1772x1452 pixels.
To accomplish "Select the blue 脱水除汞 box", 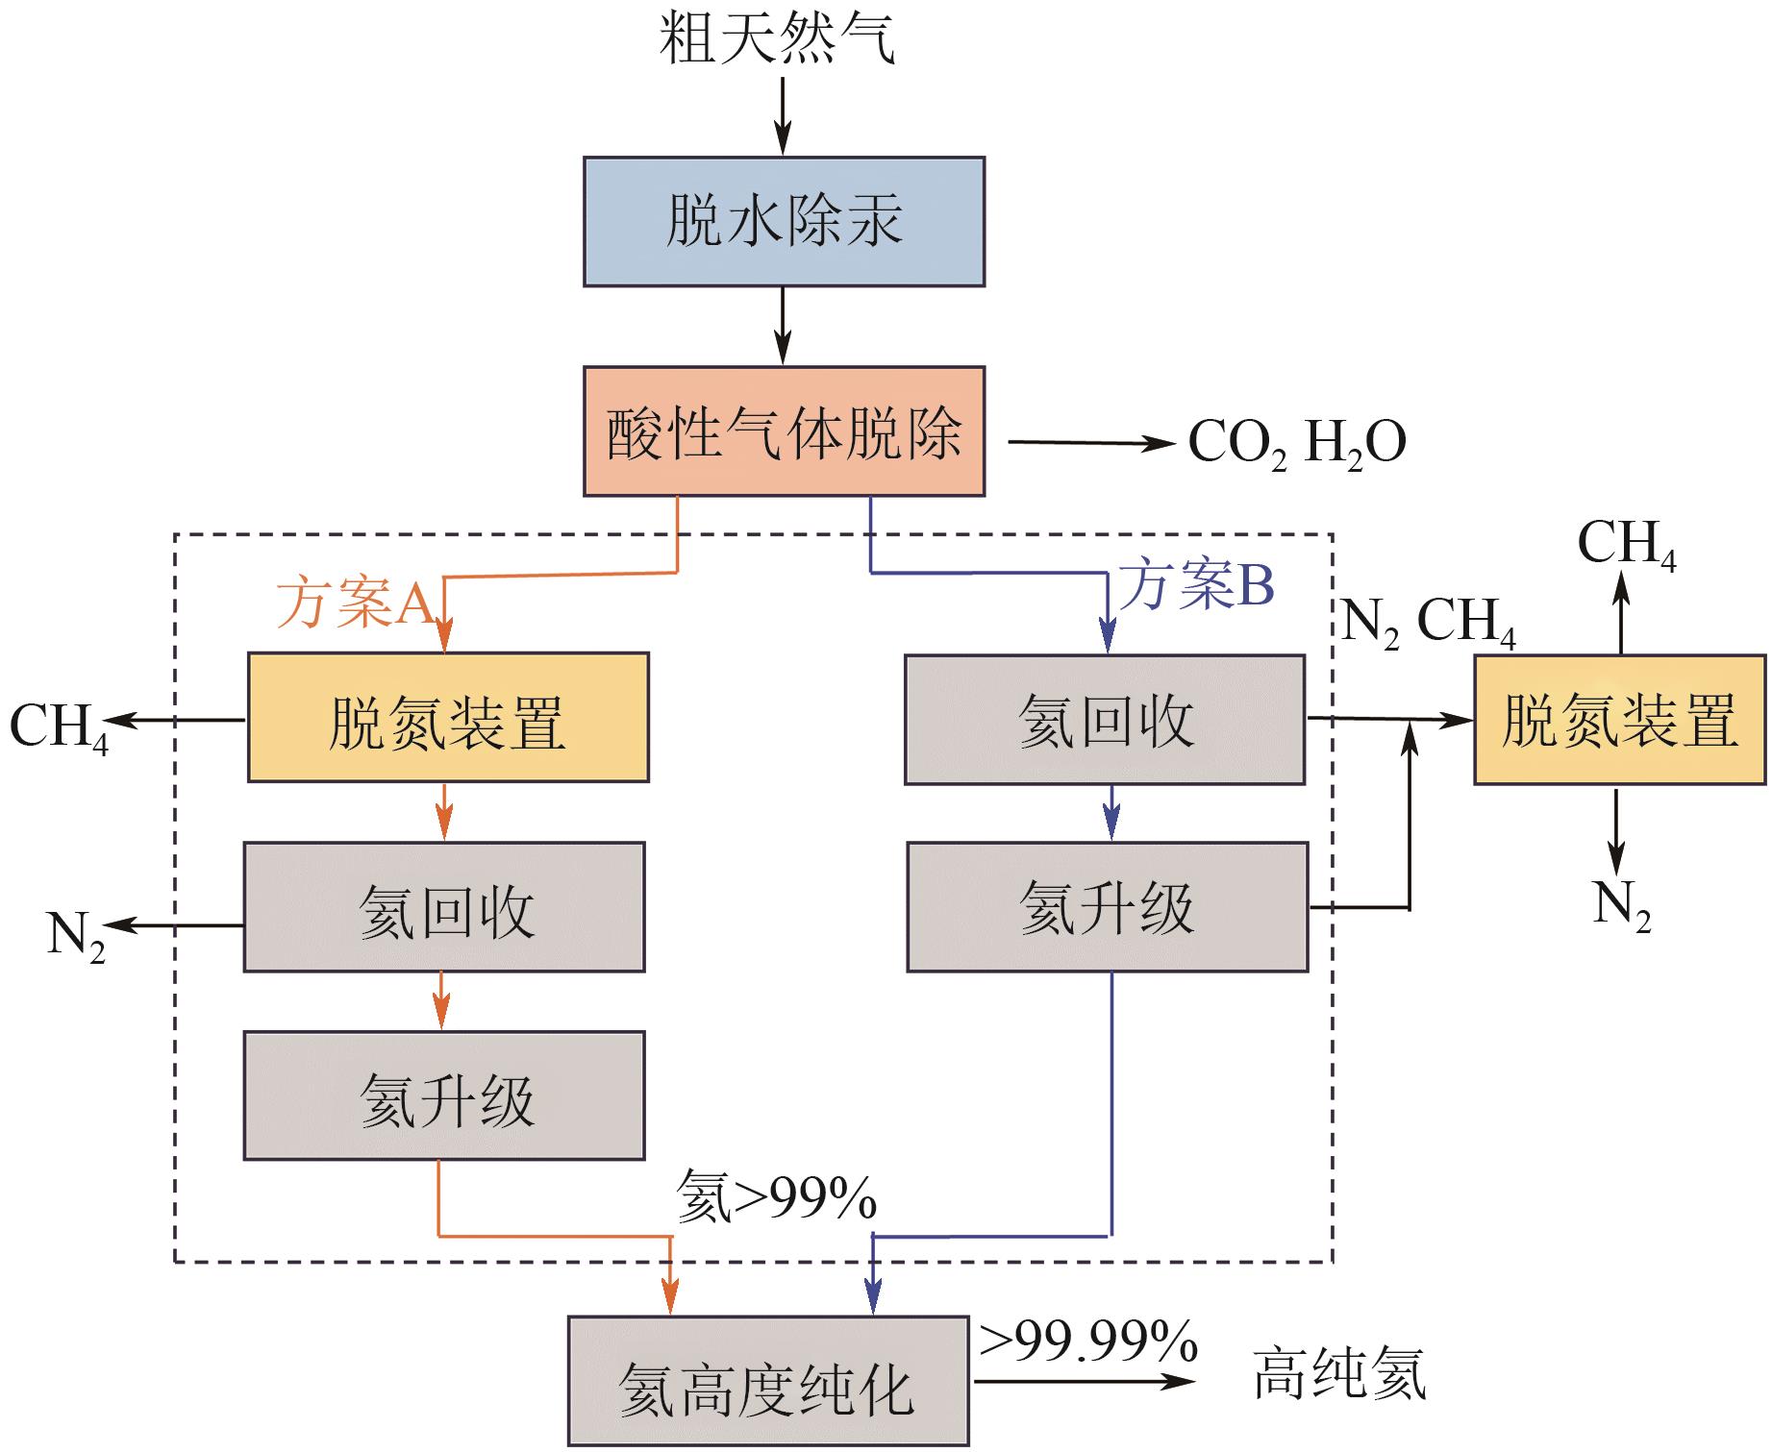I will [x=784, y=222].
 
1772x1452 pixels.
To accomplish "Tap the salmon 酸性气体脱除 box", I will [x=784, y=431].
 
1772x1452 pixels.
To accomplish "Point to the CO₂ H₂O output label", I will [x=1297, y=444].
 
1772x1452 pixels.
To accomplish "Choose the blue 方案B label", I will [x=1198, y=585].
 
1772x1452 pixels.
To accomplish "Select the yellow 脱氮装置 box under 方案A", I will [x=448, y=718].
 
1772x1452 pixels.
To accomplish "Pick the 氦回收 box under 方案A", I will [x=444, y=907].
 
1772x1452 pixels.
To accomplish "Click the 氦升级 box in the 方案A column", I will [x=444, y=1096].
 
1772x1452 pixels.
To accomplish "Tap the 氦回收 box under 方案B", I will [x=1105, y=720].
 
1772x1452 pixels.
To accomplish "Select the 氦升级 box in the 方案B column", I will [x=1108, y=908].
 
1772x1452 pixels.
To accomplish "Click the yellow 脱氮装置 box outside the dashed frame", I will [x=1620, y=720].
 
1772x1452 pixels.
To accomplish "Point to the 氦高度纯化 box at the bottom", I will [x=768, y=1381].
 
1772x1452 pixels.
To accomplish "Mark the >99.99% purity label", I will [x=1088, y=1341].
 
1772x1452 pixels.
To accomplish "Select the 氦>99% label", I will [x=777, y=1197].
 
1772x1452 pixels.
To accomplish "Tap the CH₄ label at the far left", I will [x=58, y=727].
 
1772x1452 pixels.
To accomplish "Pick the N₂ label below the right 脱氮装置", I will [x=1621, y=906].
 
